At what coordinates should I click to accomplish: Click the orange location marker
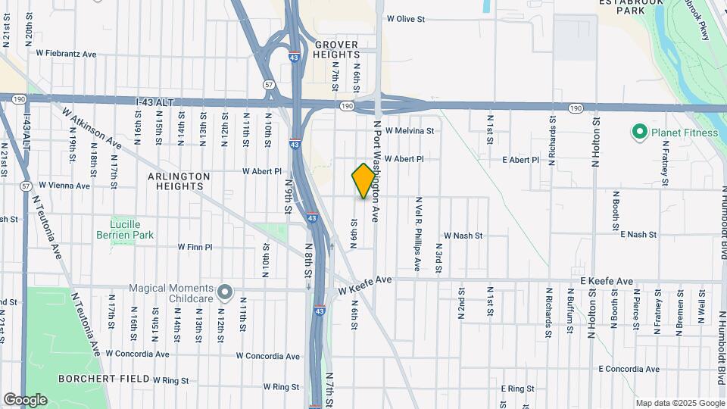363,181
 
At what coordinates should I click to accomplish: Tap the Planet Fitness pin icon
639,133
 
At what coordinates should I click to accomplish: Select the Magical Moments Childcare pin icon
224,292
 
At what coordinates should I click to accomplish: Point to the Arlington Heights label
179,181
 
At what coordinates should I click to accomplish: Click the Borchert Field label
145,378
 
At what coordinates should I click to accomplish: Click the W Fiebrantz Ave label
67,54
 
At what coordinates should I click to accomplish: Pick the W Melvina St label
410,130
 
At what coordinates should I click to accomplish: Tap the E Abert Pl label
521,160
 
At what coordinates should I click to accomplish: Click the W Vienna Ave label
64,185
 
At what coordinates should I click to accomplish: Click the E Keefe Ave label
607,281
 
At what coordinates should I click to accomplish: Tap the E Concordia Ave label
629,370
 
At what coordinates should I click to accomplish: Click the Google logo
25,399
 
